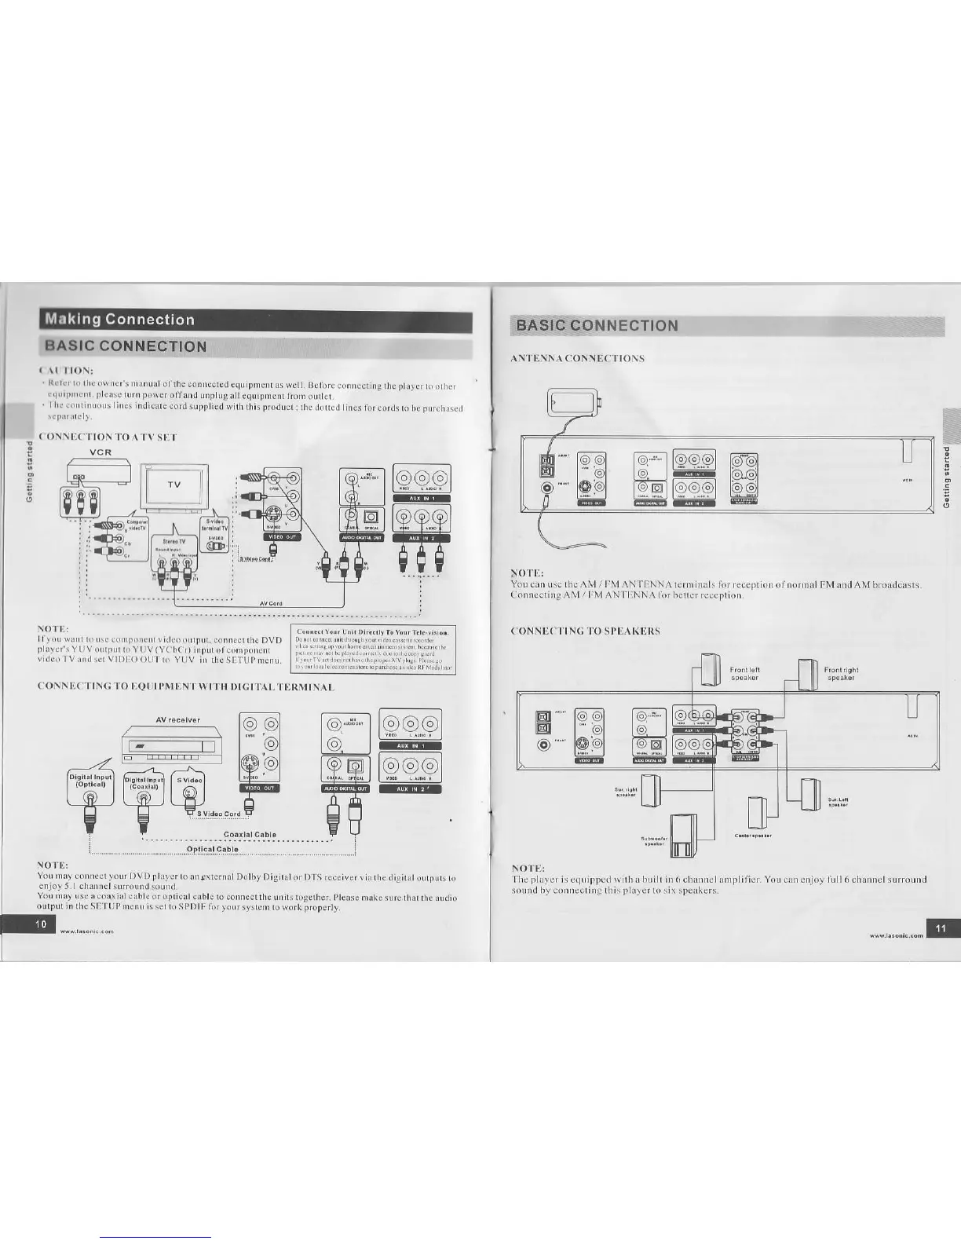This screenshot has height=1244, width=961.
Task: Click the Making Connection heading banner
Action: [119, 320]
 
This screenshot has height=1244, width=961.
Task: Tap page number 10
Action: [41, 924]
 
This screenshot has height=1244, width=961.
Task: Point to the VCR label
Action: [100, 452]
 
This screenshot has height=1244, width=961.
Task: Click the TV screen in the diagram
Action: [174, 485]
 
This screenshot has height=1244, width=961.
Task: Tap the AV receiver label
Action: [177, 719]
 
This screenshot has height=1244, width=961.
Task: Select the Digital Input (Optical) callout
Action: [92, 780]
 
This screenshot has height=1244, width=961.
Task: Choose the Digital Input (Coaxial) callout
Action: [144, 783]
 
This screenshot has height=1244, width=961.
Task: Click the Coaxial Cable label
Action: [250, 835]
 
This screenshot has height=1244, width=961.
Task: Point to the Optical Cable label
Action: [212, 849]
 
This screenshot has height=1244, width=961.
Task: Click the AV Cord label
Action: [271, 603]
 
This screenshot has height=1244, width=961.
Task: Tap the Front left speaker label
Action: [744, 674]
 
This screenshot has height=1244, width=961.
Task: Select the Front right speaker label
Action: [841, 674]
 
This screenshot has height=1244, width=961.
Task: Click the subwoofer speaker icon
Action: [682, 836]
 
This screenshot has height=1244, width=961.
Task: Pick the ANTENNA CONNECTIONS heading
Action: [577, 359]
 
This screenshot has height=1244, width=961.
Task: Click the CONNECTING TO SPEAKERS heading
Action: [585, 631]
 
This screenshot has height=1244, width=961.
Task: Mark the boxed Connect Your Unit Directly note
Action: [373, 649]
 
